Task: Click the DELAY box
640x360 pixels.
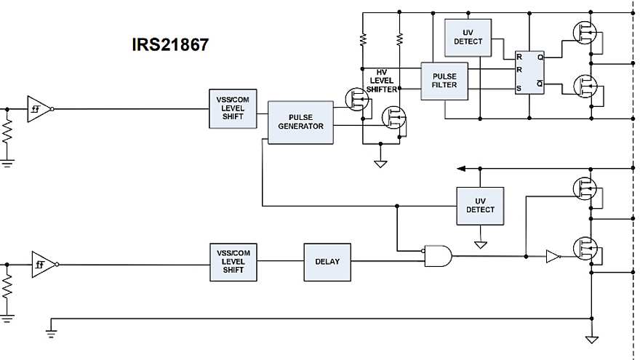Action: [x=327, y=262]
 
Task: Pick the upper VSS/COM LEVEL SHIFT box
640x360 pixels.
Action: [x=233, y=109]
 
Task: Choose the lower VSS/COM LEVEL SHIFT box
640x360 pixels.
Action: [x=233, y=262]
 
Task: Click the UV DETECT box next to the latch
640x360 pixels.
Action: [x=468, y=37]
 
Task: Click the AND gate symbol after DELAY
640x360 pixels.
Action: [x=437, y=255]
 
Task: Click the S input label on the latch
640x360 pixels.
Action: [x=519, y=89]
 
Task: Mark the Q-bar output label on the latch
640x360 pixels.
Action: [x=539, y=84]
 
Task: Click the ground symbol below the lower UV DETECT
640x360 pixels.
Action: [x=480, y=245]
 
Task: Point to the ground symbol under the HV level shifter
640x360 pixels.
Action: [x=380, y=164]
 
